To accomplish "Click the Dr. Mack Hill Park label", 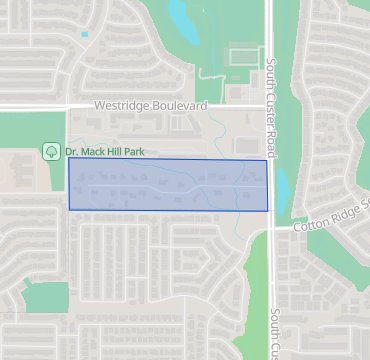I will click(104, 151).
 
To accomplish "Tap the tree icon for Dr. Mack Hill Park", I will click(50, 151).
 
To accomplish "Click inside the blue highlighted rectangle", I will click(168, 185).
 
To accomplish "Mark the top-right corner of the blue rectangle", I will click(267, 160).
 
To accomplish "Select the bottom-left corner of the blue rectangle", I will click(69, 210).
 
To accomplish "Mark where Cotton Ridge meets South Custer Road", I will click(271, 230).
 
